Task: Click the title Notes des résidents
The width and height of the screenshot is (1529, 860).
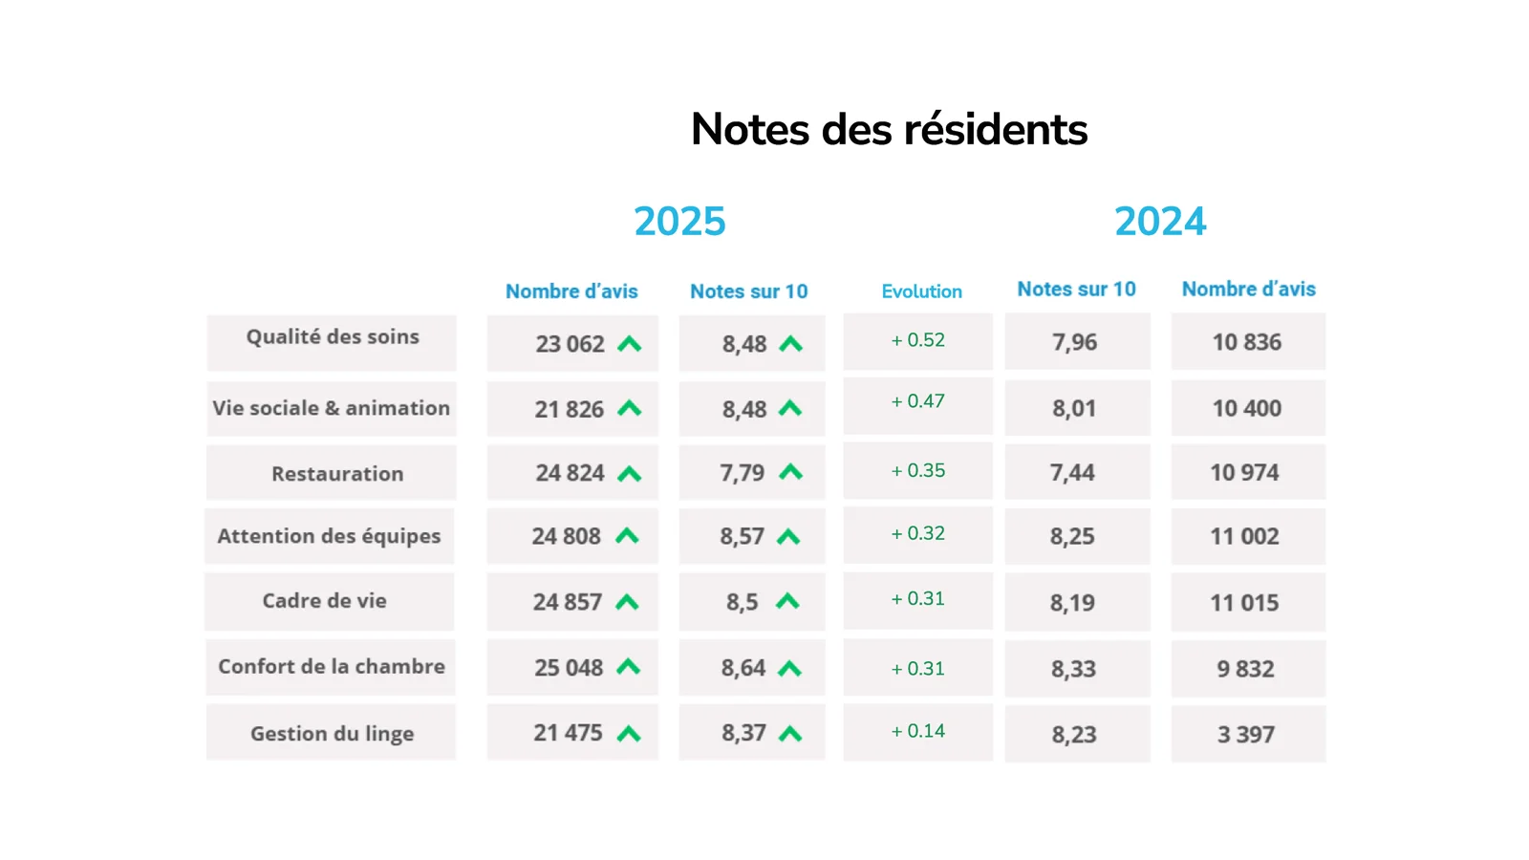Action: click(889, 129)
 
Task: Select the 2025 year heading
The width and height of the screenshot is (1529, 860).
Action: click(679, 221)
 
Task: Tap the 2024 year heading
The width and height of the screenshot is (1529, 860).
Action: click(1160, 221)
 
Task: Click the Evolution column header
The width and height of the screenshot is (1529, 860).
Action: click(921, 291)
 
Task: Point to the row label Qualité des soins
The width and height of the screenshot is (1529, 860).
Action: click(333, 337)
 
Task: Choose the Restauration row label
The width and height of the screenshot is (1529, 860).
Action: click(337, 473)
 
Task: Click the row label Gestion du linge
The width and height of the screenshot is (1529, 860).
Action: click(332, 733)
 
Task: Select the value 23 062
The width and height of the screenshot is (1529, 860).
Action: click(570, 344)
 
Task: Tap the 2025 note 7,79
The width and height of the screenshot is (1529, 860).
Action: click(742, 472)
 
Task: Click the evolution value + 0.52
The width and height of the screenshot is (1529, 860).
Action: click(918, 340)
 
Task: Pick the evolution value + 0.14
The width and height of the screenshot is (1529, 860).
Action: click(918, 731)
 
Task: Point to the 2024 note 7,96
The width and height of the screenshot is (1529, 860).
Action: click(1074, 342)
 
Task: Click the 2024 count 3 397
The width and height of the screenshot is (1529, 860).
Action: click(1246, 735)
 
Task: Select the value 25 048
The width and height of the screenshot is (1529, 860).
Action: click(569, 668)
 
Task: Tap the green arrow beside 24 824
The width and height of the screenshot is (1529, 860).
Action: click(630, 473)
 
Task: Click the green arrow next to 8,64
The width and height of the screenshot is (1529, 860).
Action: click(789, 668)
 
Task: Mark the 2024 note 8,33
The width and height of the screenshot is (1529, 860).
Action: click(1074, 669)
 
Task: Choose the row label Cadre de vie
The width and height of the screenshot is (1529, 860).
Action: click(324, 601)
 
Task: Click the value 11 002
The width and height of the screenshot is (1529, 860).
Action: click(1244, 536)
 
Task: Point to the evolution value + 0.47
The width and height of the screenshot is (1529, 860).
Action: click(918, 400)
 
